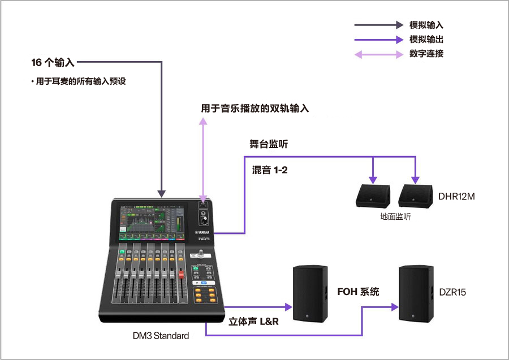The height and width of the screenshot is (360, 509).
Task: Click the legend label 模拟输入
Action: tap(426, 25)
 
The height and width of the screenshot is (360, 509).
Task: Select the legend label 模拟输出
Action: tap(426, 40)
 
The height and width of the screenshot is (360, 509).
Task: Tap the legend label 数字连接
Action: tap(426, 54)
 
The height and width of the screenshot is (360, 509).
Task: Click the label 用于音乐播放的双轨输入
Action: tap(255, 108)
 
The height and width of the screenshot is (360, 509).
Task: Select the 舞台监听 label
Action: tap(269, 144)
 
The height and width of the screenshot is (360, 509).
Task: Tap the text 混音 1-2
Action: tap(270, 170)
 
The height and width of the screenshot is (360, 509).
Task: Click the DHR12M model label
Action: tap(456, 197)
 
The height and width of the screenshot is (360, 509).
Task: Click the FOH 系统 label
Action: tap(358, 292)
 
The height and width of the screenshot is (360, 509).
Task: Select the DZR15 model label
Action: tap(452, 292)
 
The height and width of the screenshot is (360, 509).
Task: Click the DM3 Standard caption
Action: tap(161, 336)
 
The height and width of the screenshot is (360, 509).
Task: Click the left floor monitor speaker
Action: tap(373, 196)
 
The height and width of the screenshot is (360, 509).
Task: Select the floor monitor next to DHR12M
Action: tap(416, 196)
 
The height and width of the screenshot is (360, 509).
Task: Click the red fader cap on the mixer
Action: tap(182, 275)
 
